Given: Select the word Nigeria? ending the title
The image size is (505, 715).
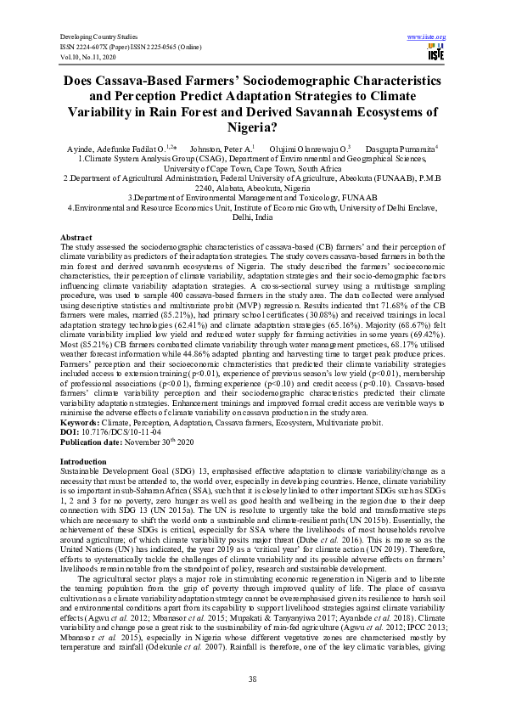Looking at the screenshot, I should pyautogui.click(x=252, y=128).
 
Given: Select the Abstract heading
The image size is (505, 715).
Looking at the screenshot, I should pyautogui.click(x=75, y=236).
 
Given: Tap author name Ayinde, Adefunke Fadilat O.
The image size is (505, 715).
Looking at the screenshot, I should pyautogui.click(x=129, y=148).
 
